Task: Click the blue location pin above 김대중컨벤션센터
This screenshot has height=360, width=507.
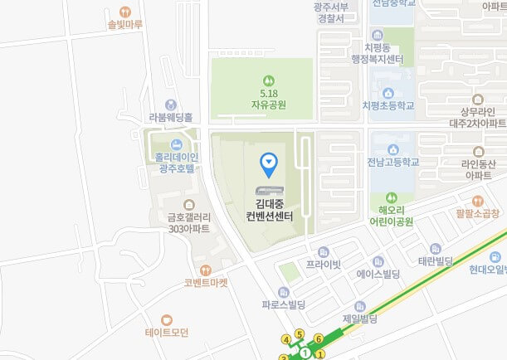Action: (x=269, y=163)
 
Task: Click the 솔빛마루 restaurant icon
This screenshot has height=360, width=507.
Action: (x=125, y=12)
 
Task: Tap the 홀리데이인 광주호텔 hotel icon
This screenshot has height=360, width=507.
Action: (x=175, y=145)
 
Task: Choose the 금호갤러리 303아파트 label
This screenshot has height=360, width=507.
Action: (x=188, y=222)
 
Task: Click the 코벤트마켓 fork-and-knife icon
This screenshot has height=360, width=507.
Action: (x=206, y=270)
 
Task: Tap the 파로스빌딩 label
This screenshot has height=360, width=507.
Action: (x=283, y=304)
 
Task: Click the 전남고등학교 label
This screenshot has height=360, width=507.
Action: (x=394, y=162)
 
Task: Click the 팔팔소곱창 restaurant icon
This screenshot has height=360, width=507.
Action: (x=478, y=201)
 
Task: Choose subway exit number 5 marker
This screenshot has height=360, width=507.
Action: (x=299, y=334)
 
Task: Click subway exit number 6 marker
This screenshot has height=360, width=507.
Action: (x=318, y=339)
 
